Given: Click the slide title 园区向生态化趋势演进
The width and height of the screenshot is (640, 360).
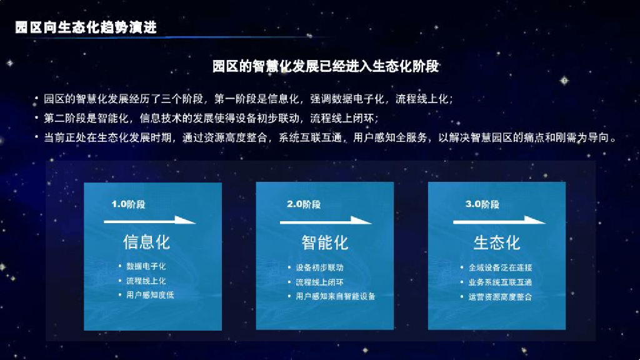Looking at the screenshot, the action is click(86, 27).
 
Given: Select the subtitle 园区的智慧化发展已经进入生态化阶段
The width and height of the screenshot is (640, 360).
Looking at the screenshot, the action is click(325, 66).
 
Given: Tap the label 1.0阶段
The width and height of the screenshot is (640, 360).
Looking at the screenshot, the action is click(128, 204).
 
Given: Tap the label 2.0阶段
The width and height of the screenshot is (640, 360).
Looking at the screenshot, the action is click(303, 204).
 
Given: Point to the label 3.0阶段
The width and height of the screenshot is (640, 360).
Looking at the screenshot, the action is click(482, 204).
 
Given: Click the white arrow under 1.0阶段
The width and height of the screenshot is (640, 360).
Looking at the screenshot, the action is click(150, 221).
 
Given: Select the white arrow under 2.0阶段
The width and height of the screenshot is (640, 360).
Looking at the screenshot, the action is click(325, 221).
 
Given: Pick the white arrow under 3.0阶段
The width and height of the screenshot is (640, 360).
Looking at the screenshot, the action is click(499, 221).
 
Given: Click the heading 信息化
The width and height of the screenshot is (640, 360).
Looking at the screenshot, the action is click(146, 242).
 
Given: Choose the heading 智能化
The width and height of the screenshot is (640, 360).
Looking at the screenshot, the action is click(325, 243).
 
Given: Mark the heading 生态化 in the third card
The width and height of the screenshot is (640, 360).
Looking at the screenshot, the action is click(497, 243).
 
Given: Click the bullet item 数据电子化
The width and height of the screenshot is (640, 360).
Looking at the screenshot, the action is click(146, 266).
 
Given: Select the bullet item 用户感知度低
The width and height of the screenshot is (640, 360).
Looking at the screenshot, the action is click(150, 295).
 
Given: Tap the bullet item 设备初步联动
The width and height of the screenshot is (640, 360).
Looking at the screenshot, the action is click(319, 267).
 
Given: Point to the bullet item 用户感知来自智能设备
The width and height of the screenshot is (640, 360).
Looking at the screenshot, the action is click(336, 296).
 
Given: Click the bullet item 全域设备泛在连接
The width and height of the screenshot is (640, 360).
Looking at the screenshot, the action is click(501, 267).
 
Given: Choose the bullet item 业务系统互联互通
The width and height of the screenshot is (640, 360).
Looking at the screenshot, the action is click(501, 282).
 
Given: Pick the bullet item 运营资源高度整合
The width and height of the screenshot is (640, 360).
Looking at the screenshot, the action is click(501, 297).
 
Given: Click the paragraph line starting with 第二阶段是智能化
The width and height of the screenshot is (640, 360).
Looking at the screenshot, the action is click(211, 118).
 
